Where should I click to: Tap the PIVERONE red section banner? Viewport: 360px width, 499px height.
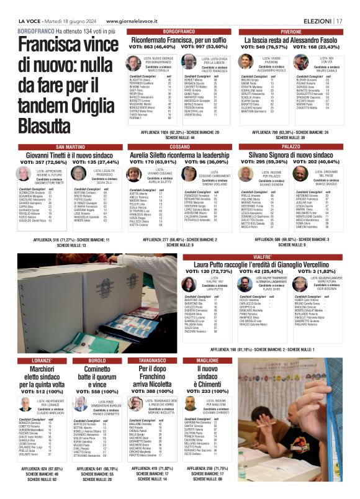point(291,30)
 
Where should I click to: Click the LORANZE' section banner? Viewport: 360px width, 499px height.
point(43,360)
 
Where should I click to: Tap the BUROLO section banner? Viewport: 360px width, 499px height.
point(97,360)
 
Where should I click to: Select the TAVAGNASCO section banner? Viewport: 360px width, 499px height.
point(152,360)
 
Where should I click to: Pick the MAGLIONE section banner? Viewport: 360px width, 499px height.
point(207,360)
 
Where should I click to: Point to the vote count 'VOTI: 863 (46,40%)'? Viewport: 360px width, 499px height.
point(150,47)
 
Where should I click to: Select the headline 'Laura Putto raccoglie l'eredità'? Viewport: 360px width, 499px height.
point(262,264)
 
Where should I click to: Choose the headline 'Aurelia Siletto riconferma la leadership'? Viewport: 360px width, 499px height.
point(179,155)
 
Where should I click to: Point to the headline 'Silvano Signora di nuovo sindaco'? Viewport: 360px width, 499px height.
point(291,155)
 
